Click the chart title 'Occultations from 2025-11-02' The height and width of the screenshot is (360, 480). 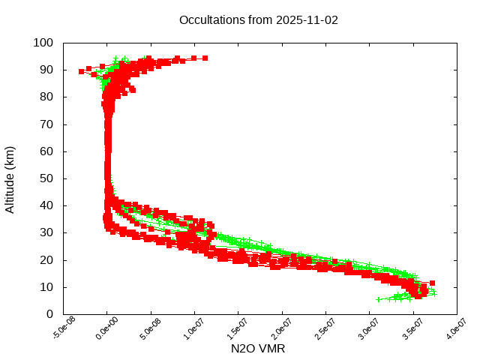pos(259,19)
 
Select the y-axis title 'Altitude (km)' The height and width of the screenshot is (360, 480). pos(10,178)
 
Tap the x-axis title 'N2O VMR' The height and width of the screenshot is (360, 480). pos(258,349)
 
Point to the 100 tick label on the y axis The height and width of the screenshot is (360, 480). pos(43,43)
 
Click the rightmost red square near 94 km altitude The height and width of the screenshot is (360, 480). pos(205,58)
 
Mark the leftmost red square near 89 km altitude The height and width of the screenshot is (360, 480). pos(82,71)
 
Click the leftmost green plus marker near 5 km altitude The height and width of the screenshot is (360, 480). pos(379,299)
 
